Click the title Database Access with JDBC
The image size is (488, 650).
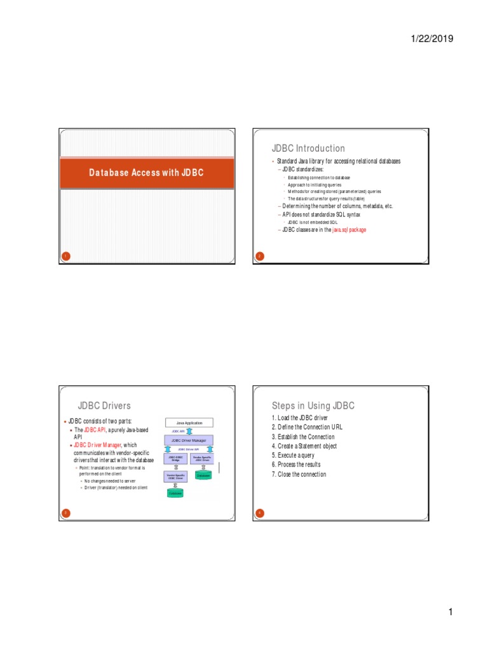click(146, 173)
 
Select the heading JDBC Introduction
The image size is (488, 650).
click(308, 149)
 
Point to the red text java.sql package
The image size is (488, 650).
click(349, 230)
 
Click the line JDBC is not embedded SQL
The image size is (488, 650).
click(314, 223)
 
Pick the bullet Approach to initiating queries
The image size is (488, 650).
click(314, 185)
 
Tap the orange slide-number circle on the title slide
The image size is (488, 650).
click(65, 256)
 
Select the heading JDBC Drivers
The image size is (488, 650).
click(104, 406)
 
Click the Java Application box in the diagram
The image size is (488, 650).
click(189, 422)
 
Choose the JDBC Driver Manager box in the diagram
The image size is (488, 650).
click(189, 439)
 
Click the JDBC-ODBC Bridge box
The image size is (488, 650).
click(175, 458)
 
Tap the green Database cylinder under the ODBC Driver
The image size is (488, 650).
click(175, 493)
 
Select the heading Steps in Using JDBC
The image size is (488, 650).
click(313, 406)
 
